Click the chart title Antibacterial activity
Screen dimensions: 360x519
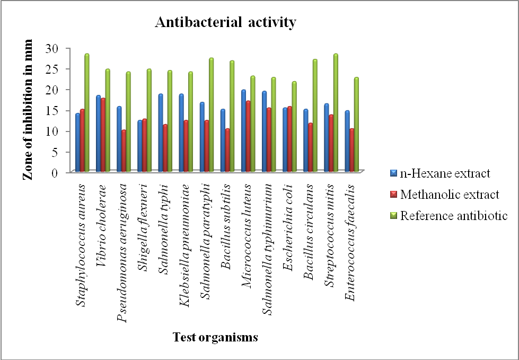pyautogui.click(x=225, y=23)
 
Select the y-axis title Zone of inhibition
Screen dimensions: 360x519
pyautogui.click(x=28, y=110)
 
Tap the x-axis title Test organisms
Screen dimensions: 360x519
pyautogui.click(x=215, y=337)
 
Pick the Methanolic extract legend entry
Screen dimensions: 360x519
pyautogui.click(x=450, y=195)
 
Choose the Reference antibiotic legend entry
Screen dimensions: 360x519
pyautogui.click(x=454, y=216)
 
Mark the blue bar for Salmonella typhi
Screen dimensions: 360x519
pyautogui.click(x=161, y=133)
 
